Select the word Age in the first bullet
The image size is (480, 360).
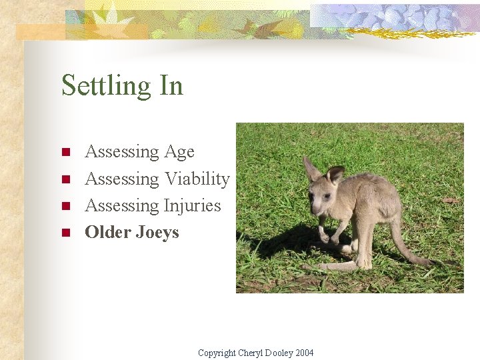point(179,153)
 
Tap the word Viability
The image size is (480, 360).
point(197,179)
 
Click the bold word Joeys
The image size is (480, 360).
point(157,233)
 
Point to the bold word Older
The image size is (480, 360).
point(108,233)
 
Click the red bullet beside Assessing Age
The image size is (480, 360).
point(65,153)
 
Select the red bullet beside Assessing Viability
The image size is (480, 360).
point(65,179)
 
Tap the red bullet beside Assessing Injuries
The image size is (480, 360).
point(65,206)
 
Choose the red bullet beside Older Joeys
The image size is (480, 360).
point(65,233)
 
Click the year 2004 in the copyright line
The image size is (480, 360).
point(303,353)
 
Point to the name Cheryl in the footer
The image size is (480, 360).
point(251,353)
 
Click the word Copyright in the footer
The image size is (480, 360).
point(217,353)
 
